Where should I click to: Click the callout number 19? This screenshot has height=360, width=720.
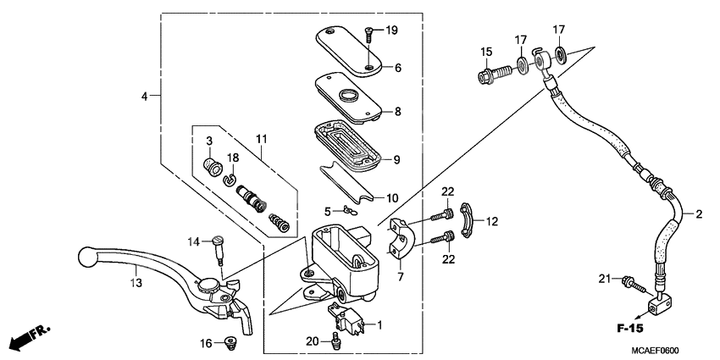391,30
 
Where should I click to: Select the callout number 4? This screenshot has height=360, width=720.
145,97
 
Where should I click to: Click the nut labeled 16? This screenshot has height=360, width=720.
228,343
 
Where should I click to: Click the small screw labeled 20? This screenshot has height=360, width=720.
337,341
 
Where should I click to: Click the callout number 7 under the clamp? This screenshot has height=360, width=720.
401,276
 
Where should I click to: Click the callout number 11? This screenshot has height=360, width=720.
262,138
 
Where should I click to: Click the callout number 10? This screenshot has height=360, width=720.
392,198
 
